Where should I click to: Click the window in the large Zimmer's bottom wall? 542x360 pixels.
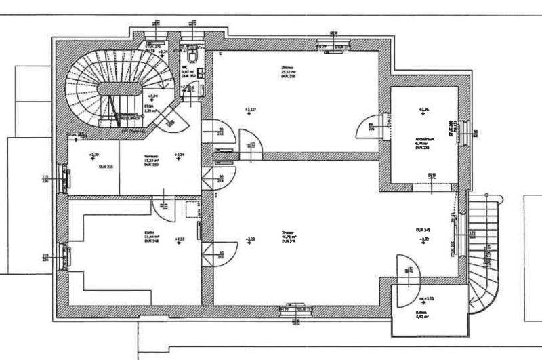tap(296, 311)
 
